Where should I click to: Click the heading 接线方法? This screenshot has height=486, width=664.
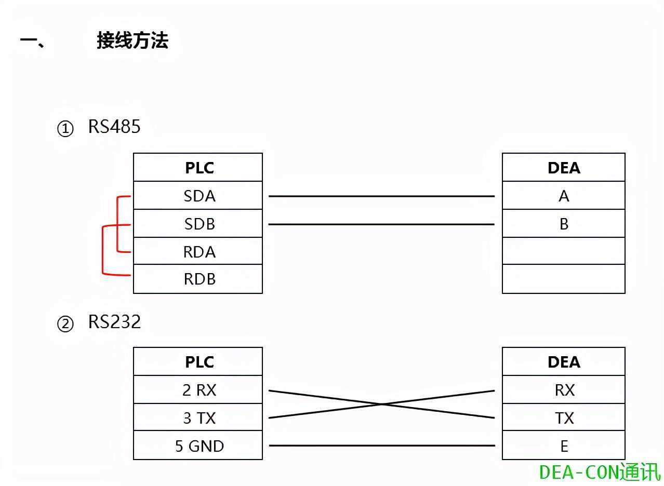pos(132,40)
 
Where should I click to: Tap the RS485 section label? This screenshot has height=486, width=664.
pos(114,127)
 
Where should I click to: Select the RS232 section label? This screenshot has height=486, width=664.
pos(114,322)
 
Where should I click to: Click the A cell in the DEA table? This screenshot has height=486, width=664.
pos(564,196)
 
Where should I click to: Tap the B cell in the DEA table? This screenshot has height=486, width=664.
pos(564,224)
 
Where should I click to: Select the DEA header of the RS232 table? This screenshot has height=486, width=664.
pos(564,361)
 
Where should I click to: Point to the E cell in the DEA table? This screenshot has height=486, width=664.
pos(564,446)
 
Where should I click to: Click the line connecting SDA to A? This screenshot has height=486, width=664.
pos(381,196)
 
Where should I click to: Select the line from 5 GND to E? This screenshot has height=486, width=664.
pos(381,446)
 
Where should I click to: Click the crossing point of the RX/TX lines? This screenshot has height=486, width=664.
pos(382,404)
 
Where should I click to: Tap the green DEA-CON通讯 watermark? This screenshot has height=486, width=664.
pos(600,472)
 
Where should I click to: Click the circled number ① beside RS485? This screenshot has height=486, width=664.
pos(65,128)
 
